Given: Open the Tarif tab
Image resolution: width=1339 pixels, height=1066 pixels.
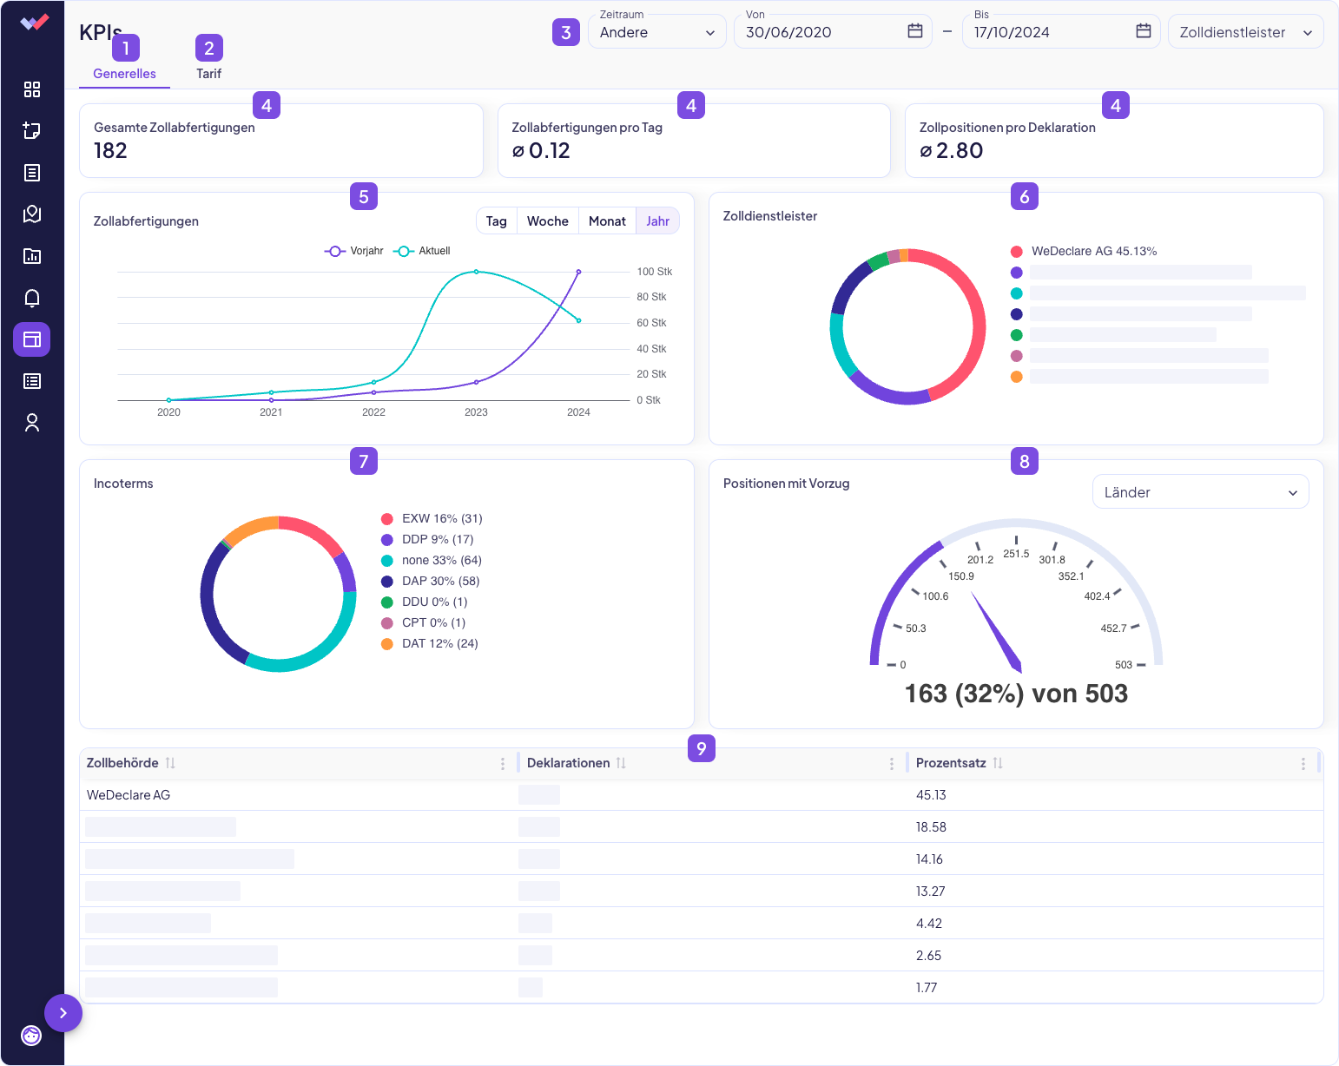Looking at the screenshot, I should pos(208,74).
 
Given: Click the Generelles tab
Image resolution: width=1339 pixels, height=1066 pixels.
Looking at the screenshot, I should pos(124,74).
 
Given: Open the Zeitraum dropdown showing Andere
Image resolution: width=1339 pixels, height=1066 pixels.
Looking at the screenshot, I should pos(656,32).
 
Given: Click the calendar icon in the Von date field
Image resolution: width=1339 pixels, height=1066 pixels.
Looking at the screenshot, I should pos(915,31).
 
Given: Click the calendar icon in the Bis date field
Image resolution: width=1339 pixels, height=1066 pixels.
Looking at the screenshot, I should pos(1144,31).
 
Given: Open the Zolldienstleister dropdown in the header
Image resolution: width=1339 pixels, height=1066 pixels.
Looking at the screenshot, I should pos(1245,32).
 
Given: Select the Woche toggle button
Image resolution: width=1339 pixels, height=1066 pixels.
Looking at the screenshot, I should pos(547,221).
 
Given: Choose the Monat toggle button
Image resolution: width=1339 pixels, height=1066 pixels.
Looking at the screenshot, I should pos(607,221).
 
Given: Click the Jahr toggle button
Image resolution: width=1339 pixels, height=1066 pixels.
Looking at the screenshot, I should pos(657,221).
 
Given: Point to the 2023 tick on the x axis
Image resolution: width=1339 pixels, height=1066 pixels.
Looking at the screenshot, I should pos(476,412).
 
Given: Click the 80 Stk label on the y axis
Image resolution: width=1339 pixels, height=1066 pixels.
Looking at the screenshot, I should pos(651,297).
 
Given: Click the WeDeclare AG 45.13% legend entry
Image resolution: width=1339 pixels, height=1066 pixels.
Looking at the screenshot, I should pos(1093,252).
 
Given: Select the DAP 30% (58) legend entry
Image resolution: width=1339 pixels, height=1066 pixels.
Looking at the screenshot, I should pos(440,582).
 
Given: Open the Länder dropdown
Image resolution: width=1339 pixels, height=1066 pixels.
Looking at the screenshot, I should pos(1200,492).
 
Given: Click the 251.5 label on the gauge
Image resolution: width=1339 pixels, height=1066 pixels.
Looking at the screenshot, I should pos(1016,554).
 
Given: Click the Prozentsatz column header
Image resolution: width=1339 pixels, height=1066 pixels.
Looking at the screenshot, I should pos(951,763).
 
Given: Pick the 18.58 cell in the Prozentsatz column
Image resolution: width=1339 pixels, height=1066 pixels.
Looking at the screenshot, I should pos(931,827).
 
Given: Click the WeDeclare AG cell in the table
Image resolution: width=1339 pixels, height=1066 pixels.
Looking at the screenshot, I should pos(129,795).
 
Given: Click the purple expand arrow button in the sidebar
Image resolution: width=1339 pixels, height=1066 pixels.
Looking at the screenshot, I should pos(63,1013).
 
